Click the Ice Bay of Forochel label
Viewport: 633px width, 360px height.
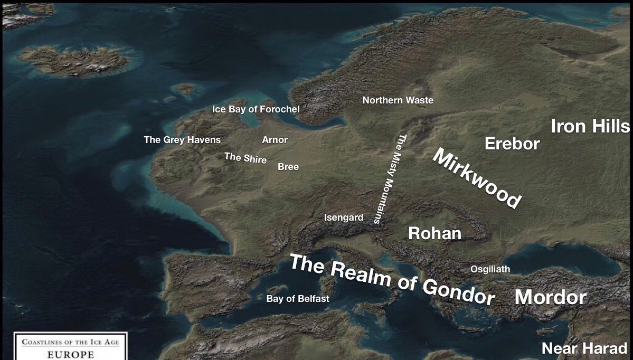click(x=256, y=109)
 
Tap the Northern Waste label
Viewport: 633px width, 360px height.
click(x=398, y=100)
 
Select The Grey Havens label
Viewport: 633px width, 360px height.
click(x=182, y=140)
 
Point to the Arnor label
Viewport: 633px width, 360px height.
click(x=275, y=140)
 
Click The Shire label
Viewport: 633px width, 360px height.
click(x=245, y=158)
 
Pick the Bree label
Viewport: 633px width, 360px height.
click(x=288, y=167)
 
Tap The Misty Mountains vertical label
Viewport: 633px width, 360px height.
click(x=390, y=179)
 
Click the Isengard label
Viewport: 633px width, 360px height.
click(x=344, y=217)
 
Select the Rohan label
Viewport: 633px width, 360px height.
click(x=434, y=233)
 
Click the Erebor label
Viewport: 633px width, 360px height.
click(x=512, y=144)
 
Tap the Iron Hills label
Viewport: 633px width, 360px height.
click(x=590, y=127)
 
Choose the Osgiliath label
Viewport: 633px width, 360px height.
click(x=490, y=269)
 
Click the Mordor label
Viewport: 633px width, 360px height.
click(x=550, y=297)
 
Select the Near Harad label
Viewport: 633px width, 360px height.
click(x=584, y=348)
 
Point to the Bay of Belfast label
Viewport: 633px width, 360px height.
click(x=298, y=299)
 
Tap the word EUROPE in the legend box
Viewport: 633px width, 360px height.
click(x=71, y=354)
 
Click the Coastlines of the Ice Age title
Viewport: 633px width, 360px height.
click(x=70, y=342)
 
